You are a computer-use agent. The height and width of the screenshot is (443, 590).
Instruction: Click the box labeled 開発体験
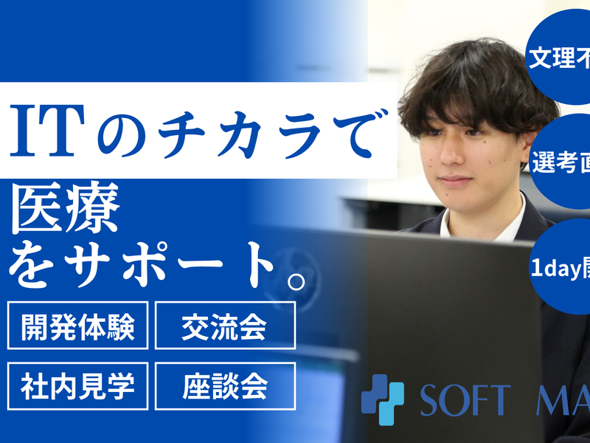click(77, 325)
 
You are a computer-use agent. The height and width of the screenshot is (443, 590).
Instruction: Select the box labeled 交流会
click(224, 325)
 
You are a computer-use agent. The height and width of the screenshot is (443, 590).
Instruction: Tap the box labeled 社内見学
click(77, 386)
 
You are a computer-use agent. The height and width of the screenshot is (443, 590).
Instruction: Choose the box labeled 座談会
click(224, 386)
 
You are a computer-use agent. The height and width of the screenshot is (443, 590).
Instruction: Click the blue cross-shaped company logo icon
click(382, 399)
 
